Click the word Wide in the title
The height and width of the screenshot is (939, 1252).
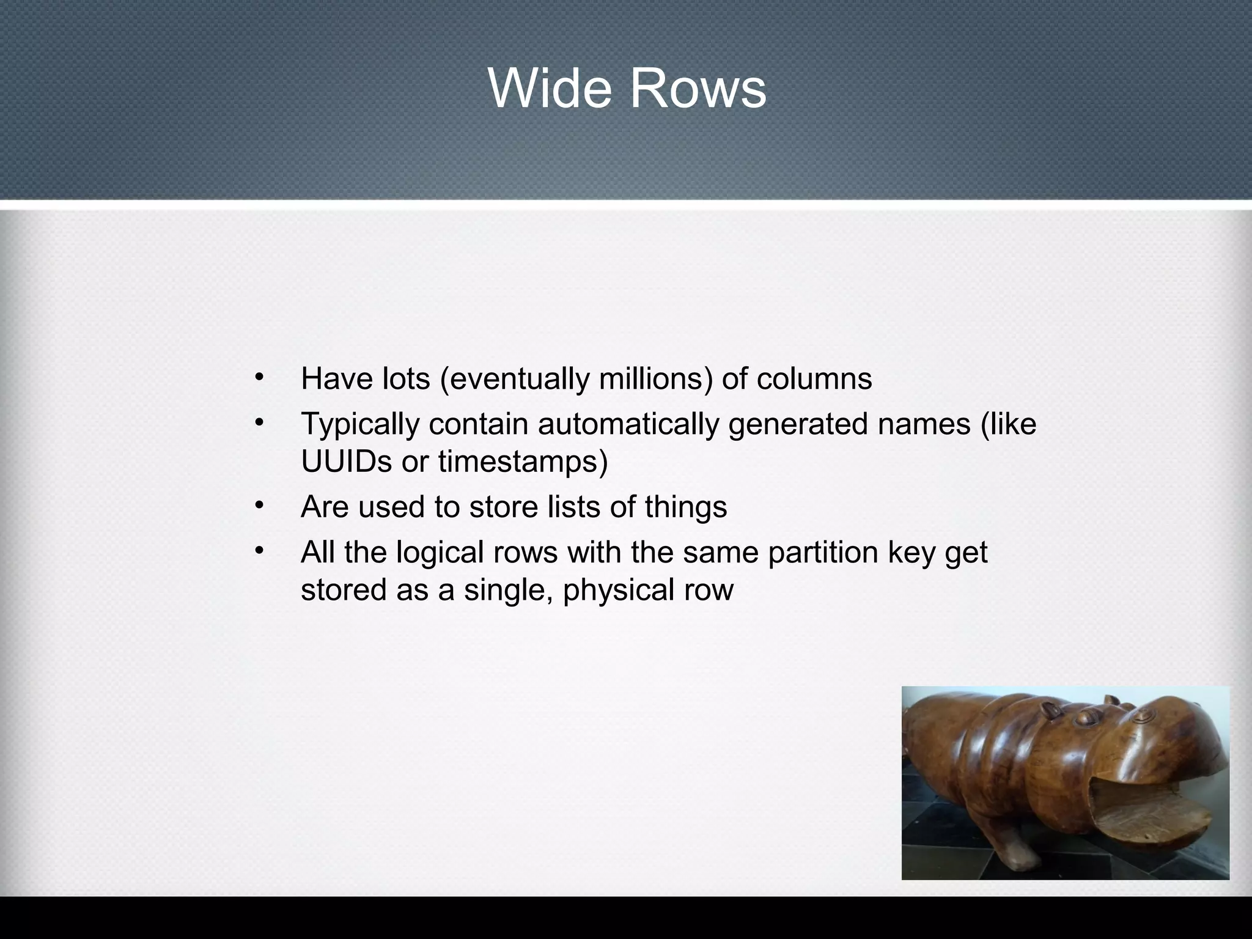pos(549,89)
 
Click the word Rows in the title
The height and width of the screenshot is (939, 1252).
pos(698,89)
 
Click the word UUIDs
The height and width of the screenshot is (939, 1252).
pos(346,462)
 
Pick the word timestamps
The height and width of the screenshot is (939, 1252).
pos(523,463)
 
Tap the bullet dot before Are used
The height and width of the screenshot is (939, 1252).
pos(259,504)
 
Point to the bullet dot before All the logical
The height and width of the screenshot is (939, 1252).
pos(259,550)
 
